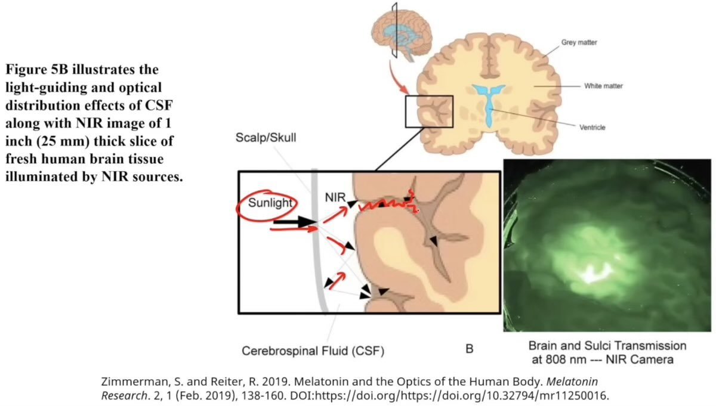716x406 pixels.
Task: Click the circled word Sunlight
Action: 270,203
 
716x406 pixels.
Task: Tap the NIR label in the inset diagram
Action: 335,196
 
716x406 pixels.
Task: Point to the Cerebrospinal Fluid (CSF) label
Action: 313,351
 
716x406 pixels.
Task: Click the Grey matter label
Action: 579,43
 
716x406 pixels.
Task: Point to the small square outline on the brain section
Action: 429,111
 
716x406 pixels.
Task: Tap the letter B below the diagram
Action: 469,349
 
